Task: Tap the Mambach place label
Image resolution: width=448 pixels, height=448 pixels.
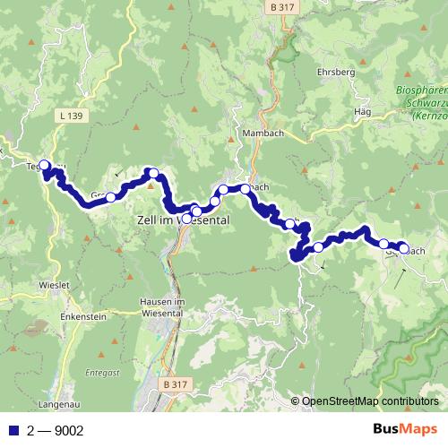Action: [261, 133]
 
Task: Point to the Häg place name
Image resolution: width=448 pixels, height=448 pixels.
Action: [363, 111]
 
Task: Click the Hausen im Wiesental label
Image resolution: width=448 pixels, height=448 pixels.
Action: [162, 307]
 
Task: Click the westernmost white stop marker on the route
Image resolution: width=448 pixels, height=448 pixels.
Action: [45, 165]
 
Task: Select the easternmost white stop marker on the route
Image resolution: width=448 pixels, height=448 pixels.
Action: [403, 248]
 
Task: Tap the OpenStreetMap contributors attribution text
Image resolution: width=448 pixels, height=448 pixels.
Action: [370, 402]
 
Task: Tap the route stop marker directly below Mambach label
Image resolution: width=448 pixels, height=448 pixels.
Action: [245, 189]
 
